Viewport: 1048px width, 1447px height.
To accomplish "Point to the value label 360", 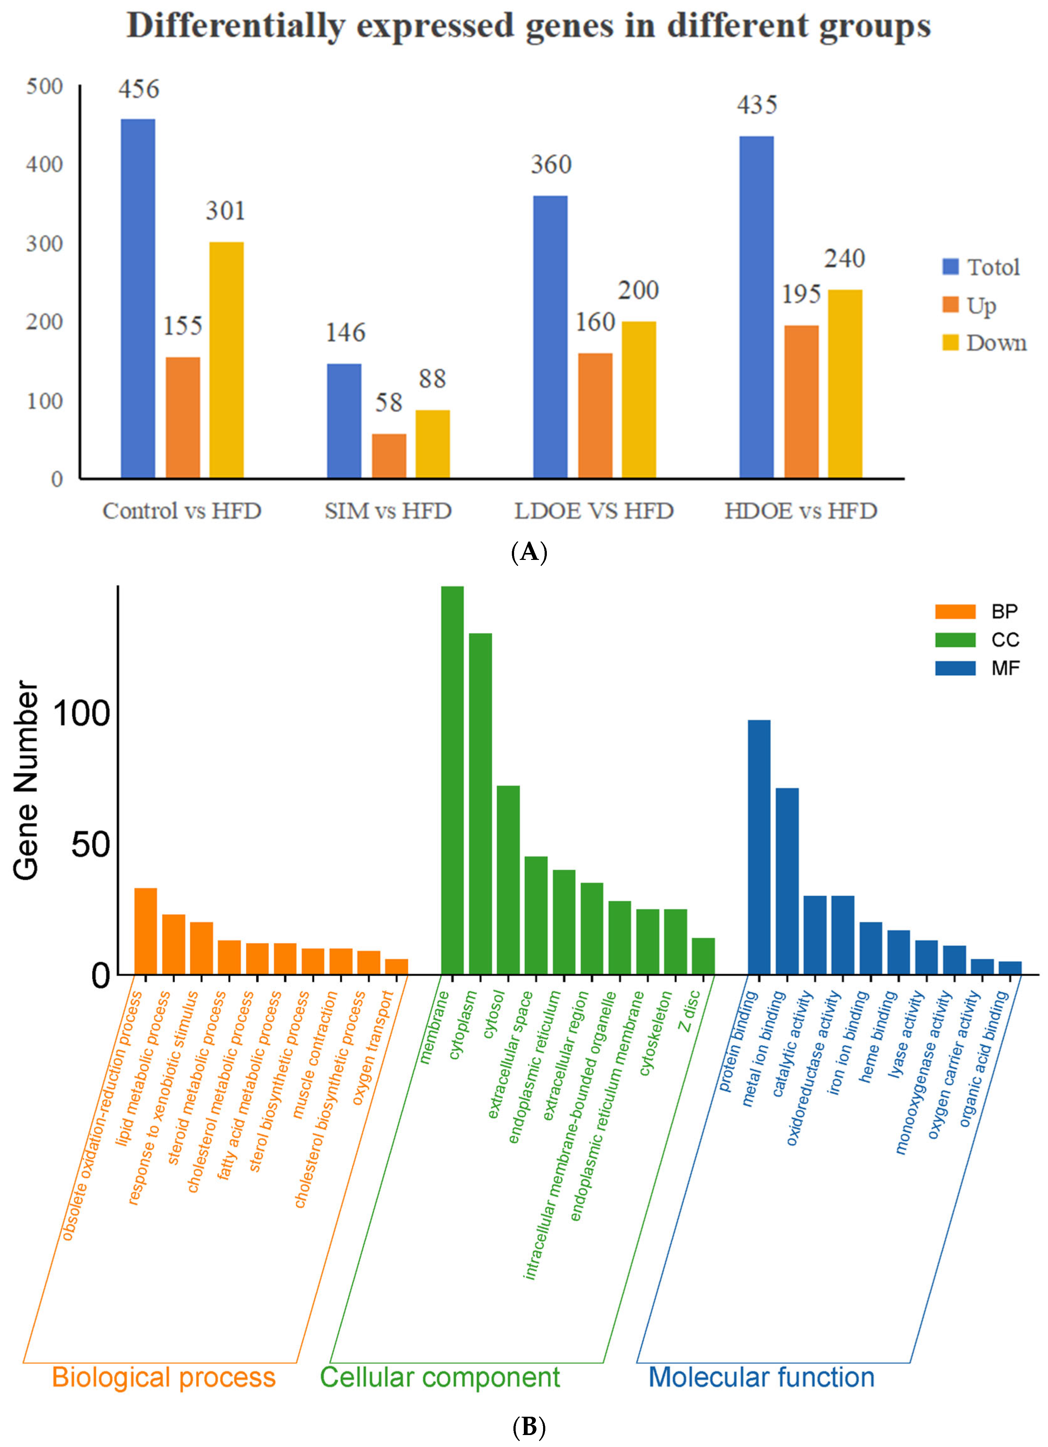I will (x=551, y=165).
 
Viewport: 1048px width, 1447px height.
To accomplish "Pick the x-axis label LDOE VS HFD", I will (x=594, y=511).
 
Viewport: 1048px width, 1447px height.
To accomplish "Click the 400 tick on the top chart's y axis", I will (x=45, y=165).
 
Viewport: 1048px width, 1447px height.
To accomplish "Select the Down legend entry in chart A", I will (x=995, y=343).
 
